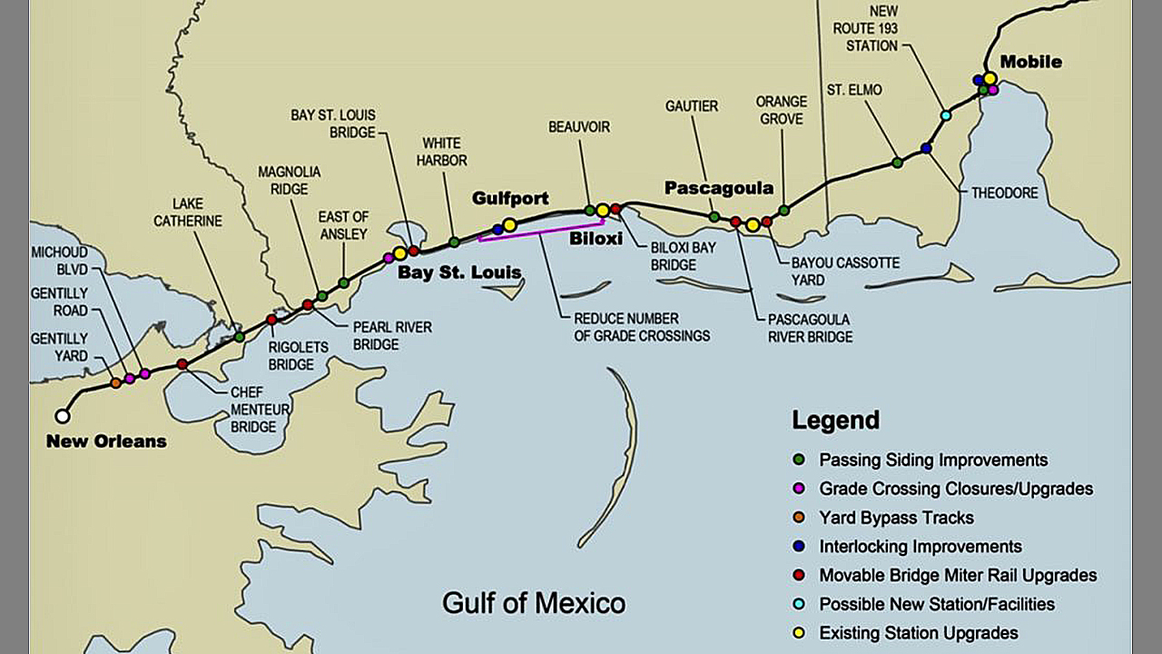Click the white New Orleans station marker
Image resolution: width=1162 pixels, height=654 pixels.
(x=62, y=416)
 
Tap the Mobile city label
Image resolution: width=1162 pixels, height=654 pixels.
(x=1030, y=62)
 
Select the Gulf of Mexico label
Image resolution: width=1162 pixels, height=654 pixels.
(x=533, y=602)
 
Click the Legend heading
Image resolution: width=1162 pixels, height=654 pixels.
(x=835, y=420)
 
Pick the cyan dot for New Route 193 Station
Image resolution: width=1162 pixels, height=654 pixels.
(x=946, y=115)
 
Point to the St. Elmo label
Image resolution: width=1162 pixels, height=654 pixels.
(x=853, y=90)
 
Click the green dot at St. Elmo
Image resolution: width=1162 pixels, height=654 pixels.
(x=897, y=162)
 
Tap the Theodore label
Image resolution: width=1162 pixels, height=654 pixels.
(x=1004, y=193)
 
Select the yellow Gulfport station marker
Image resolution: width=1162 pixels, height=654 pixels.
(x=509, y=224)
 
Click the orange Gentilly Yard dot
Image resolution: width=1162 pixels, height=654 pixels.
(x=116, y=383)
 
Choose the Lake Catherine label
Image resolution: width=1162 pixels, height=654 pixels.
(x=187, y=213)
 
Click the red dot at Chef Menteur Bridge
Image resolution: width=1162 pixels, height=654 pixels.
(x=182, y=364)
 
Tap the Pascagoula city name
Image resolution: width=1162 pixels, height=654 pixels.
(x=718, y=188)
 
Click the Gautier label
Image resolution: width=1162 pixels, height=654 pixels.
(x=691, y=106)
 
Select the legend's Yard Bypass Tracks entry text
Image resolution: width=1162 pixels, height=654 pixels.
(x=896, y=518)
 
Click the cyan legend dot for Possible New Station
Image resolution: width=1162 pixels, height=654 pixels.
(x=799, y=604)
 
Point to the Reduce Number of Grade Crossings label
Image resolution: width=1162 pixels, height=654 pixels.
(x=641, y=328)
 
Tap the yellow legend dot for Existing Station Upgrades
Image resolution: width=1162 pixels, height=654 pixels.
(x=799, y=633)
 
